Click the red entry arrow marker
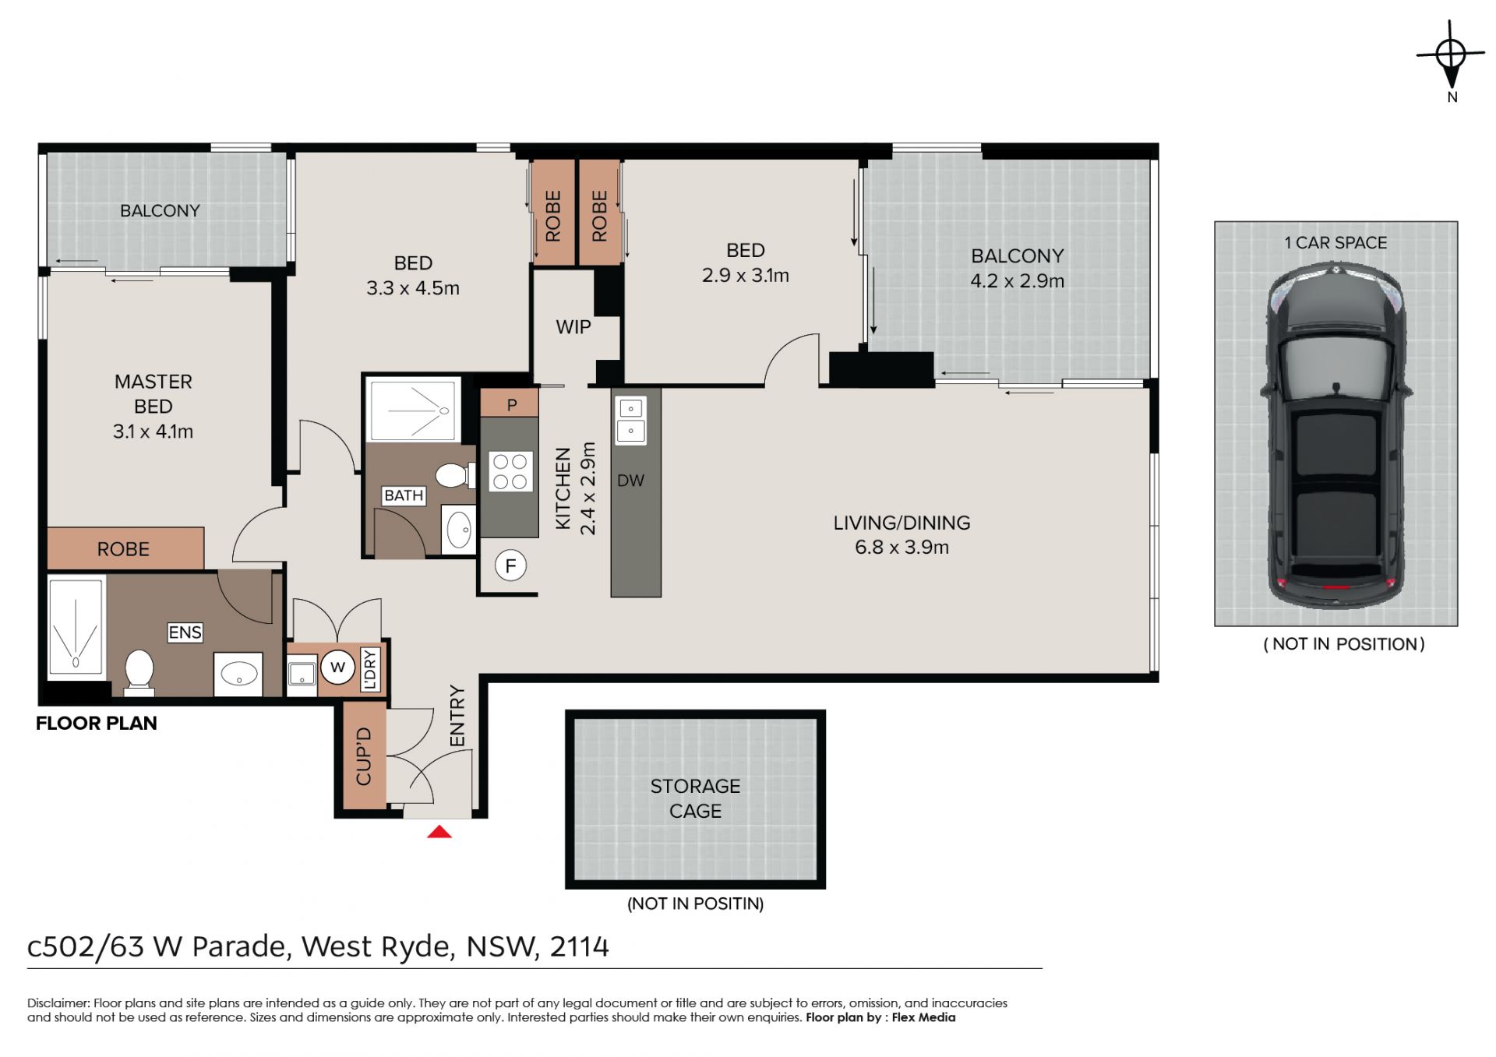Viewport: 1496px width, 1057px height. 439,832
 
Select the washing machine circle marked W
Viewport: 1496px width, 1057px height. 337,667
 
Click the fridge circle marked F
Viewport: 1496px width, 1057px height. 510,565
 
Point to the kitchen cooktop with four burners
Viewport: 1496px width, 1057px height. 510,471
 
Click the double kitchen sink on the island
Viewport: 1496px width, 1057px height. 630,420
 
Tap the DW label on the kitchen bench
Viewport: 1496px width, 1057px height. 630,481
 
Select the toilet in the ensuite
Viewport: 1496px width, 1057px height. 139,671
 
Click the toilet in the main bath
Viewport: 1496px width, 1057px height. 455,474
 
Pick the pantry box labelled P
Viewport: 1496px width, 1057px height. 510,403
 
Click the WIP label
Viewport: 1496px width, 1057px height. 573,327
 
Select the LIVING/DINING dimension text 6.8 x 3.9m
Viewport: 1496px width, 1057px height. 901,548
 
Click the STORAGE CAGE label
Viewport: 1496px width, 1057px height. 695,798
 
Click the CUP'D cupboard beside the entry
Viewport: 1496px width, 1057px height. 365,756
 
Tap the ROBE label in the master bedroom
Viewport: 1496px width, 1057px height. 123,549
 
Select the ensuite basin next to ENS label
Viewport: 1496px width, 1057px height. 238,674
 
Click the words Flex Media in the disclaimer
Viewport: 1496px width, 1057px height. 923,1017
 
